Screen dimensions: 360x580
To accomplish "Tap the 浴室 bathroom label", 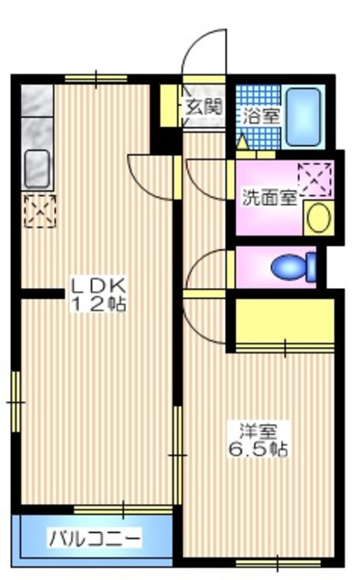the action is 261,117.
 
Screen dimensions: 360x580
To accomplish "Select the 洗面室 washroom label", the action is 269,198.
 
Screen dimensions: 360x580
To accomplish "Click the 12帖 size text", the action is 99,304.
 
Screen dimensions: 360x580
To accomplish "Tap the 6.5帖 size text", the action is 258,449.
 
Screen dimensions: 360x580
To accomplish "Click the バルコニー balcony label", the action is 96,538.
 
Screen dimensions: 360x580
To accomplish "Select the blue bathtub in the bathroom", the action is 304,117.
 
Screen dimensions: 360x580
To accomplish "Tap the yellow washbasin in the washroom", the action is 319,218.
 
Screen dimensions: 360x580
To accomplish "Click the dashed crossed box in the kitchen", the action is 40,211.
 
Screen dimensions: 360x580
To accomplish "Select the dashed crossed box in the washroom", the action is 315,179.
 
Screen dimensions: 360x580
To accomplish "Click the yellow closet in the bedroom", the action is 285,321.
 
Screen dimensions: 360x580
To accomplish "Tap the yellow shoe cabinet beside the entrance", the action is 168,106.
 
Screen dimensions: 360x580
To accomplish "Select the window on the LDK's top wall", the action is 96,79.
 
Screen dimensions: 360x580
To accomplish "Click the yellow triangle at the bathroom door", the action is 242,143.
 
